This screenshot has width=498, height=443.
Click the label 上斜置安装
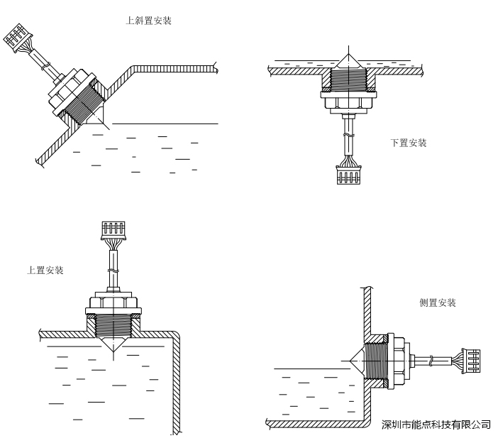pyautogui.click(x=148, y=21)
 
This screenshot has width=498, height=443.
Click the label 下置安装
pyautogui.click(x=409, y=143)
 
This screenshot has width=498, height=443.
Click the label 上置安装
pyautogui.click(x=45, y=271)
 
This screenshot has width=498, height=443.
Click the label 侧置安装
pyautogui.click(x=438, y=302)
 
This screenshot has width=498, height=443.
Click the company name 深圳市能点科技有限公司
pyautogui.click(x=436, y=425)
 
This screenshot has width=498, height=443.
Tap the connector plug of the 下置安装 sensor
pyautogui.click(x=347, y=175)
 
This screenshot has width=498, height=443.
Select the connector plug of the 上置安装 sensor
pyautogui.click(x=114, y=229)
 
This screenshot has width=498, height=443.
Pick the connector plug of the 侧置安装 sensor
pyautogui.click(x=472, y=359)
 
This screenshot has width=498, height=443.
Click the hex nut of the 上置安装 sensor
pyautogui.click(x=114, y=306)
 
